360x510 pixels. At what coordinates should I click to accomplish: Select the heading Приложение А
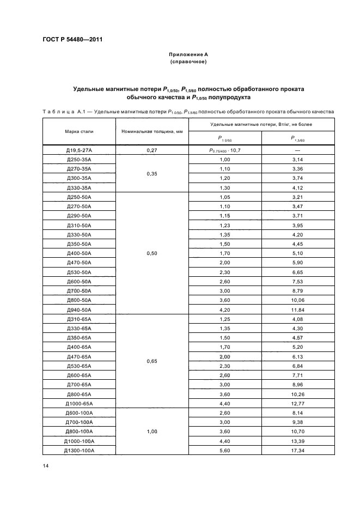tap(188, 55)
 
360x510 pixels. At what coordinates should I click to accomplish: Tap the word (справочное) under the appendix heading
tap(188, 62)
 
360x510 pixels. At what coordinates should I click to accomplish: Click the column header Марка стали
tap(77, 131)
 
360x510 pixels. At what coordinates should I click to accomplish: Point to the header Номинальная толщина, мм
tap(151, 131)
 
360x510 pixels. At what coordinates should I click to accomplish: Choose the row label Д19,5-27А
tap(78, 149)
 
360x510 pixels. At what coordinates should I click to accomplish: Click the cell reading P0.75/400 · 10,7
tap(224, 149)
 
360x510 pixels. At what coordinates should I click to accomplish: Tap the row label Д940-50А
tap(78, 309)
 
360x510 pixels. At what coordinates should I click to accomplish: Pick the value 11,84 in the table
tap(298, 309)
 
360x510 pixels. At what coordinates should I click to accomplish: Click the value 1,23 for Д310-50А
tap(224, 225)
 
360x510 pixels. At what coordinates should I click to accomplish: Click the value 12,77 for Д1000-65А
tap(298, 403)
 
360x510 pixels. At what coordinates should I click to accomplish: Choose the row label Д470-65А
tap(78, 356)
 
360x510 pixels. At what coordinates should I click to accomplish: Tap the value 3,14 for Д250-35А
tap(298, 159)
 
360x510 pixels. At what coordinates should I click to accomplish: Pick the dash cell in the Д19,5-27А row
tap(298, 149)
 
